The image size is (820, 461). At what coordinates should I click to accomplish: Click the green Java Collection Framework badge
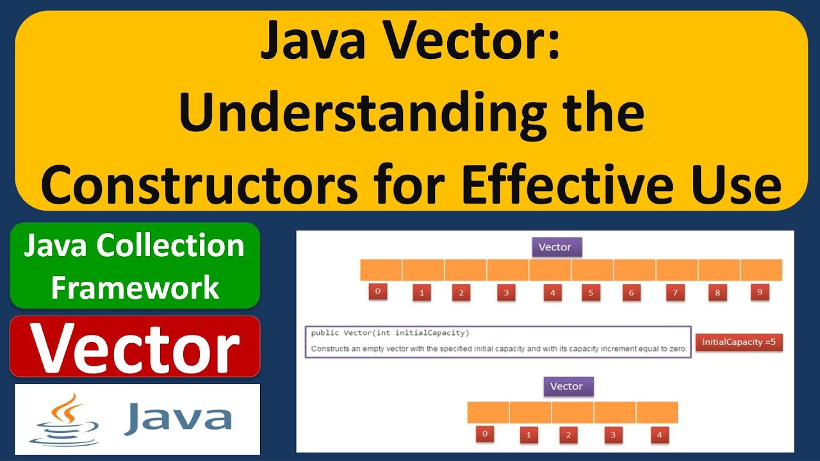click(x=135, y=266)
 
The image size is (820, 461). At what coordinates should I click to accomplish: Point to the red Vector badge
click(x=135, y=346)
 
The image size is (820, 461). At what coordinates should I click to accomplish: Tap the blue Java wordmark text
click(x=177, y=417)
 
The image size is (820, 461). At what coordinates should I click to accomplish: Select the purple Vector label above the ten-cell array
click(x=555, y=247)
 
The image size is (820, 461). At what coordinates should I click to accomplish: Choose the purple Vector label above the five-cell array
click(x=566, y=386)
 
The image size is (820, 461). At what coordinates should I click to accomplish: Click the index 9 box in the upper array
click(x=759, y=292)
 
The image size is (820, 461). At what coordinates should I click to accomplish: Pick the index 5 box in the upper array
click(x=591, y=293)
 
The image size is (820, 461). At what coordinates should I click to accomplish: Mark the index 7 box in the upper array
click(x=675, y=293)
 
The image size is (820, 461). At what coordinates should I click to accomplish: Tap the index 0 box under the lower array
click(x=485, y=434)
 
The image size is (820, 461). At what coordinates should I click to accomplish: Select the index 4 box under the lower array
click(x=659, y=435)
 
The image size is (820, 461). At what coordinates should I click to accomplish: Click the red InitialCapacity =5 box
click(x=739, y=342)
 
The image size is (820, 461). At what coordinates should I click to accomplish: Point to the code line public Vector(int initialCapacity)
click(x=389, y=333)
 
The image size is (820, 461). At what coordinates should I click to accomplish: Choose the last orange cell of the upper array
click(x=761, y=270)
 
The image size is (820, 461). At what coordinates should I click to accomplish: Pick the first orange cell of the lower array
click(x=488, y=412)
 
